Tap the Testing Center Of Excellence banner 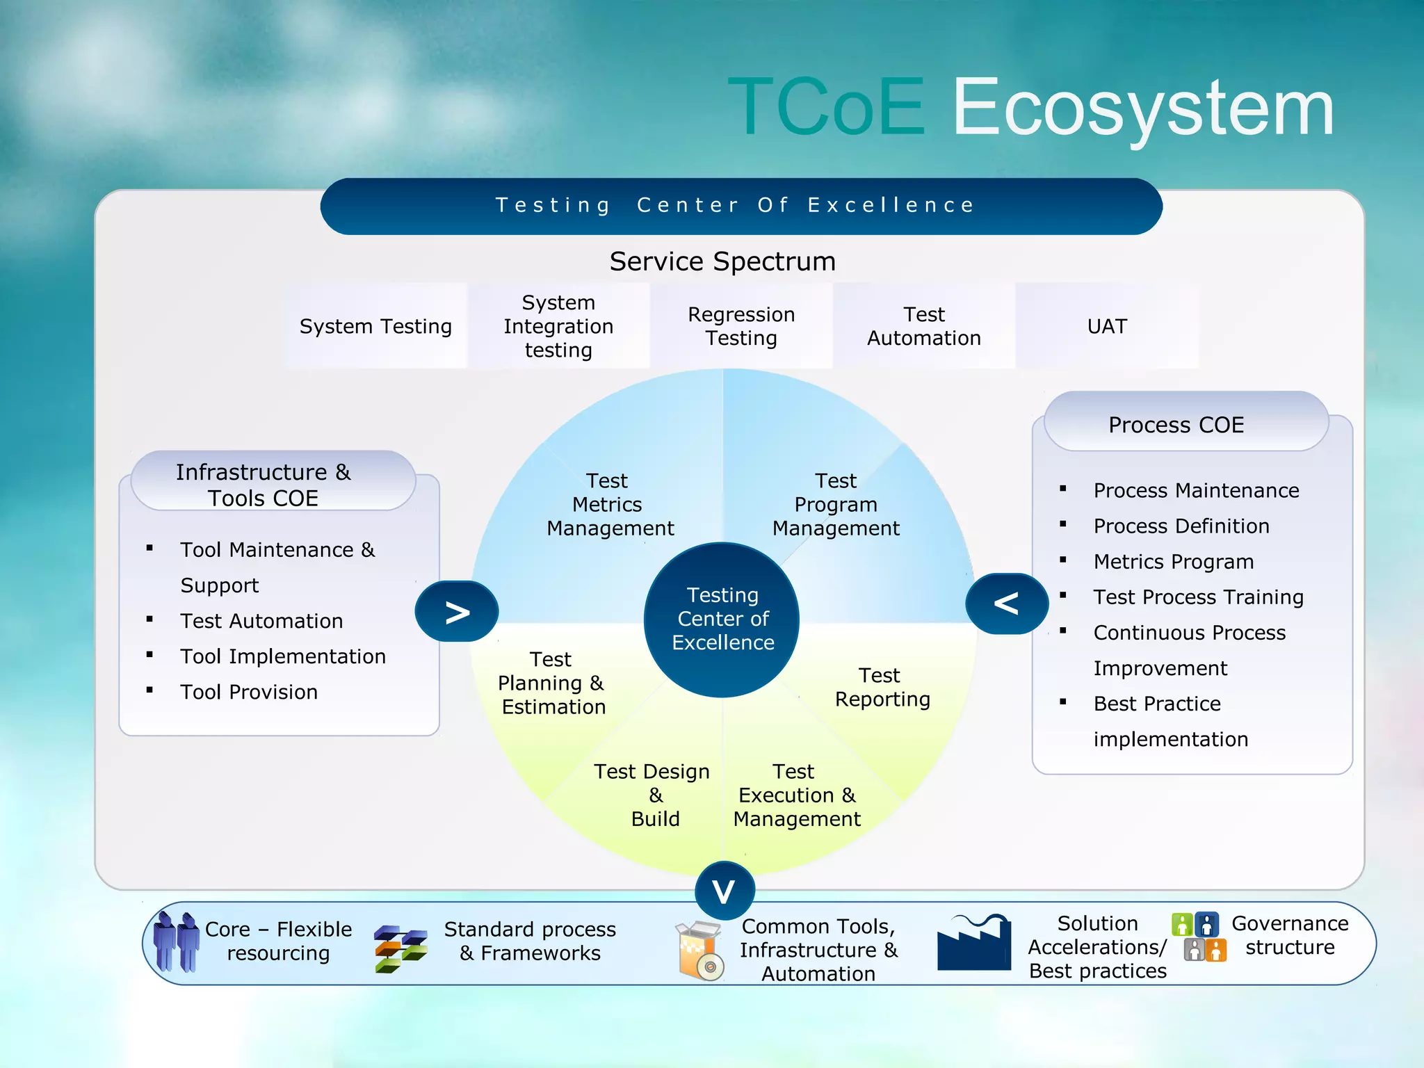(741, 206)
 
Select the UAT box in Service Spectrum (1106, 326)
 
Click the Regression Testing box (741, 326)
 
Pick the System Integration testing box (558, 326)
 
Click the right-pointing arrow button (457, 612)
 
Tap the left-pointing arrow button (1006, 604)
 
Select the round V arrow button (724, 891)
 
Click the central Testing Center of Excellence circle (722, 619)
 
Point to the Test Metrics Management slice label (610, 505)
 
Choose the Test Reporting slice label (882, 687)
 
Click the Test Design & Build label (653, 795)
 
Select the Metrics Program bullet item (1173, 561)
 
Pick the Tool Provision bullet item (248, 692)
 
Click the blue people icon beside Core (176, 942)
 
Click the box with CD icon (699, 950)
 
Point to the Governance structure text (1289, 935)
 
